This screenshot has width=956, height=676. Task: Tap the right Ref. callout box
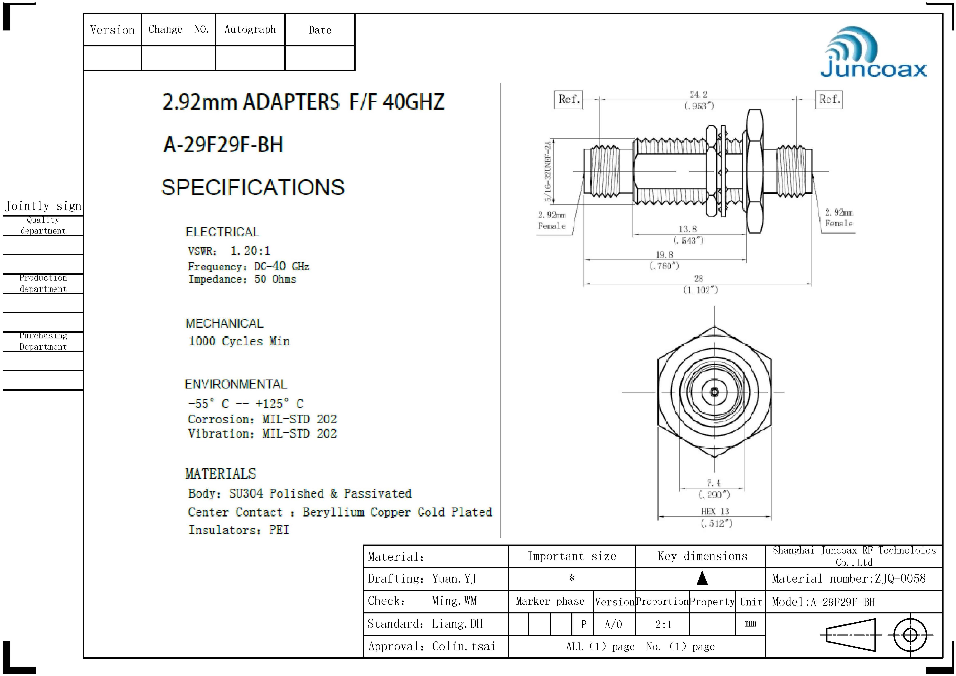tap(829, 100)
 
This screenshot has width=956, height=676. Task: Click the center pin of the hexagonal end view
tap(714, 392)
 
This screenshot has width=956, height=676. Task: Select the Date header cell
tap(320, 30)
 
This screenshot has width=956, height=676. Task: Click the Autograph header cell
tap(250, 29)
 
